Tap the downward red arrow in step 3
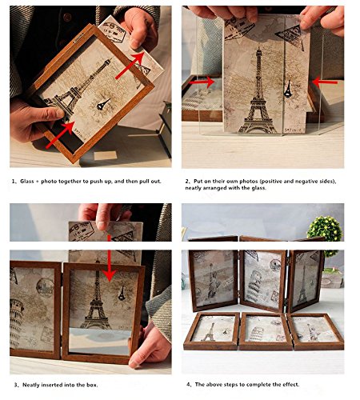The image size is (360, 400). point(110,258)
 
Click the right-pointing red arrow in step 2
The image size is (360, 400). point(202,82)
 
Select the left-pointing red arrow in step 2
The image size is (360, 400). point(325,82)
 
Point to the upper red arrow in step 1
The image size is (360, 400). point(130,66)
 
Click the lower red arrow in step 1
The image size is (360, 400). point(60,134)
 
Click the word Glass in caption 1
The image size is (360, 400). point(27,182)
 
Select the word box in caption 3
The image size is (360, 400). point(92,385)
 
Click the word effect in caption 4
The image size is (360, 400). point(291,384)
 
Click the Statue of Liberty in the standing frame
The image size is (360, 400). point(213,280)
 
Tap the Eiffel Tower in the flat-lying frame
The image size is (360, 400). point(209,332)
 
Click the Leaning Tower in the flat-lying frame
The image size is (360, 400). point(258,334)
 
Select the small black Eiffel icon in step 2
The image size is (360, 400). point(288,89)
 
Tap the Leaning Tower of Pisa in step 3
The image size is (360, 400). point(16,322)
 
